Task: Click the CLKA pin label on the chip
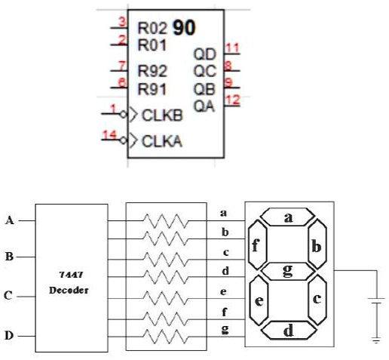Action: [160, 140]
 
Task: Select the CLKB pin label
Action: [160, 116]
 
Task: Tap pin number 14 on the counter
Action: [110, 134]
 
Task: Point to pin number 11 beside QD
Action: [233, 48]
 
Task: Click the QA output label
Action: [204, 106]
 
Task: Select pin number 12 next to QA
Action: [234, 99]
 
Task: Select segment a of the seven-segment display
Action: [287, 217]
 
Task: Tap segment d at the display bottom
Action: [287, 329]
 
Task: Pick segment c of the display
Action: [317, 299]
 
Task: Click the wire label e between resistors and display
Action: [222, 290]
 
